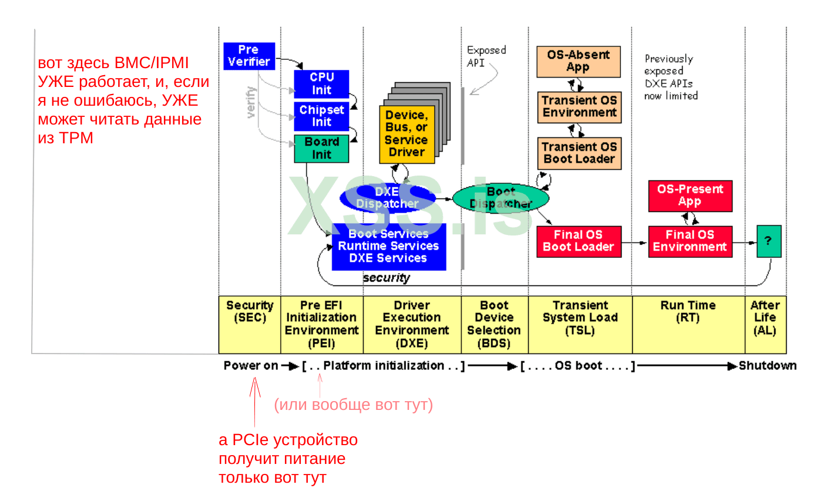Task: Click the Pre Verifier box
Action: [x=249, y=56]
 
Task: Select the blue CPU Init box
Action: [x=321, y=84]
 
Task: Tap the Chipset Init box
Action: [x=321, y=116]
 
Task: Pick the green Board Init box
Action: [x=321, y=149]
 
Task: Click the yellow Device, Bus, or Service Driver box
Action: [x=407, y=134]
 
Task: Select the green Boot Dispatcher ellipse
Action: [x=501, y=198]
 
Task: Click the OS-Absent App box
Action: [x=578, y=62]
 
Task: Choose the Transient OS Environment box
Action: [x=579, y=106]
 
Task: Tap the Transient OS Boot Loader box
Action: [x=579, y=153]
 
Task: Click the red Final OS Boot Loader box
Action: [x=578, y=241]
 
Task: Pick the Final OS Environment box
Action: [x=690, y=241]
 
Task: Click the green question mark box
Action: [x=768, y=241]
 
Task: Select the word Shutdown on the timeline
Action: [x=767, y=366]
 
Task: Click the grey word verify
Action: [x=252, y=103]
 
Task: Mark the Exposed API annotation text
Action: [x=486, y=56]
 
